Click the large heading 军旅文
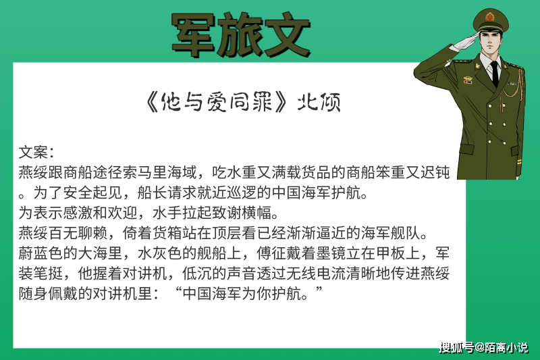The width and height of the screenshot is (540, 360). [x=241, y=34]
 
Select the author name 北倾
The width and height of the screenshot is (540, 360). [x=319, y=102]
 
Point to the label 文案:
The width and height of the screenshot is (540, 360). [x=36, y=152]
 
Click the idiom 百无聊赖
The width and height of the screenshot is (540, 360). [x=78, y=233]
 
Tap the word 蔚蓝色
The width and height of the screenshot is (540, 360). [x=40, y=253]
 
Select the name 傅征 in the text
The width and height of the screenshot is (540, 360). [x=272, y=253]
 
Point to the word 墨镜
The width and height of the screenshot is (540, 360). [x=331, y=253]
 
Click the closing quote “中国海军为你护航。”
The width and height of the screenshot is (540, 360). [x=249, y=294]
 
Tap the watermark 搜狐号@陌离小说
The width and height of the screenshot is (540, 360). [x=484, y=347]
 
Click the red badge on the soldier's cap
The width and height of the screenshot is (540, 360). [x=490, y=16]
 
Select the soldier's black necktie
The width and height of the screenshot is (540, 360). [x=495, y=74]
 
